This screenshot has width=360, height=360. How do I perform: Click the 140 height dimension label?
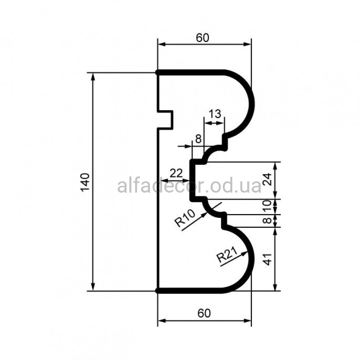point(85,182)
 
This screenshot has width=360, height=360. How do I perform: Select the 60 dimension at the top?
point(202,38)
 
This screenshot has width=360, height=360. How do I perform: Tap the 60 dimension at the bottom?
point(204,313)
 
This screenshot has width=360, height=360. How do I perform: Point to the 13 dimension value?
point(215,114)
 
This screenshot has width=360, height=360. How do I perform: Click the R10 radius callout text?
point(185,218)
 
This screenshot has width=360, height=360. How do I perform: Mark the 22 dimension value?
point(176,173)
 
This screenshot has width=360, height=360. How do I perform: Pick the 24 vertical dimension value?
point(267,180)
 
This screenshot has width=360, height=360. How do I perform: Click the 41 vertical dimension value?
point(267,259)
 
